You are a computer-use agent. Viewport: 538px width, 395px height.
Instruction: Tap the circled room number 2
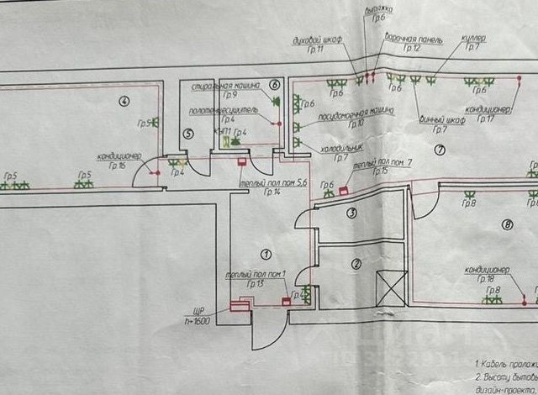(x=356, y=263)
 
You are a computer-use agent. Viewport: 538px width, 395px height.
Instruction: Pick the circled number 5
(x=187, y=133)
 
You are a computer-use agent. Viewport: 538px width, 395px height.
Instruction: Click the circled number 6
(x=274, y=86)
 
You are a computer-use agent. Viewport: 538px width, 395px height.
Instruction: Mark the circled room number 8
(x=506, y=224)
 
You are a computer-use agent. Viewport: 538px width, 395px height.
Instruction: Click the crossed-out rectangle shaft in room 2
(x=392, y=287)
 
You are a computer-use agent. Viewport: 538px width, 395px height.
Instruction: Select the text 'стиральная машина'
(x=217, y=86)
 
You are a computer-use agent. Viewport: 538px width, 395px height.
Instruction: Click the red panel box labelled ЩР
(x=239, y=308)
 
